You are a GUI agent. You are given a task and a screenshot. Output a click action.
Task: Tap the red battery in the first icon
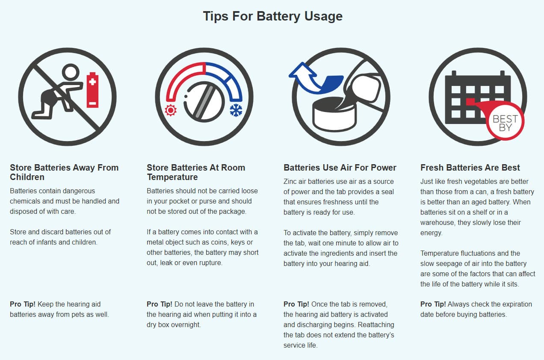pyautogui.click(x=92, y=90)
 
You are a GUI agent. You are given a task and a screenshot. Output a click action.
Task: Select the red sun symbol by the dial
pyautogui.click(x=171, y=110)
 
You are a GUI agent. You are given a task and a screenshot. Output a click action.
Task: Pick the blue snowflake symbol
pyautogui.click(x=236, y=110)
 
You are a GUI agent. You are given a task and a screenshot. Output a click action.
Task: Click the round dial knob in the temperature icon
pyautogui.click(x=204, y=102)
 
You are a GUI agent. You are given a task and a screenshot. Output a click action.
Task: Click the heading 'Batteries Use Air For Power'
pyautogui.click(x=340, y=168)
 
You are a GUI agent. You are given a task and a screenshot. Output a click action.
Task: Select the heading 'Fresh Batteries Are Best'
pyautogui.click(x=470, y=168)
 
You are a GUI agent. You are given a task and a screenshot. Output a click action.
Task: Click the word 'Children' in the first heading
pyautogui.click(x=27, y=177)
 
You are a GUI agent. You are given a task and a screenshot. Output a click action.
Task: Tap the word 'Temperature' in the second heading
pyautogui.click(x=172, y=177)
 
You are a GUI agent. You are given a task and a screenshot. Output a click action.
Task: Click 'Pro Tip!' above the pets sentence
pyautogui.click(x=23, y=304)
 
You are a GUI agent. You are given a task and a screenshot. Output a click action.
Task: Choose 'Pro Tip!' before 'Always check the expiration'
pyautogui.click(x=433, y=304)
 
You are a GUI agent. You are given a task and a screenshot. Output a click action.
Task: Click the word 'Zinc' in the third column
pyautogui.click(x=290, y=181)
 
